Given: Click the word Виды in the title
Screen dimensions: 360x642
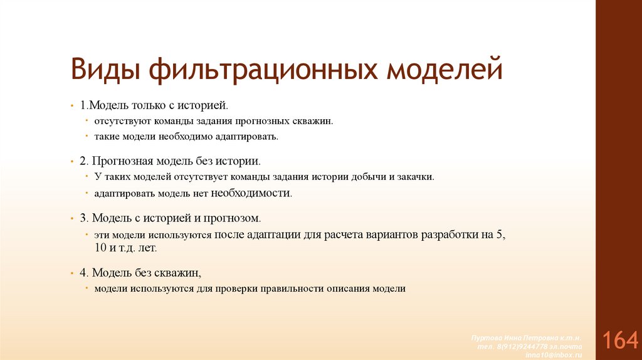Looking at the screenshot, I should click(x=102, y=69).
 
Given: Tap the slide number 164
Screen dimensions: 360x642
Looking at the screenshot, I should click(x=619, y=340).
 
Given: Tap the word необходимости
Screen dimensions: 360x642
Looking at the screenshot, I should click(x=251, y=193).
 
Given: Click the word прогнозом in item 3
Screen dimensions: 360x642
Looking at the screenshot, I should click(x=236, y=218).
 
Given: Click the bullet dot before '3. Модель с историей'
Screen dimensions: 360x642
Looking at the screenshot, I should click(x=72, y=218).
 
